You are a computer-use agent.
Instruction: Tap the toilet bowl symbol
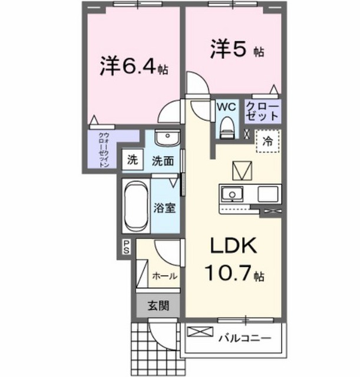click(x=227, y=127)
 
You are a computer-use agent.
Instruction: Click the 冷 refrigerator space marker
click(x=267, y=141)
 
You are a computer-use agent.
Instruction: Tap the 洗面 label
click(x=163, y=161)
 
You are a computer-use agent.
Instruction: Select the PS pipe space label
click(x=125, y=246)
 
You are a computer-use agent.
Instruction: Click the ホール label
click(x=164, y=276)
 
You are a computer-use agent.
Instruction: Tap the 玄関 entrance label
click(x=158, y=306)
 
